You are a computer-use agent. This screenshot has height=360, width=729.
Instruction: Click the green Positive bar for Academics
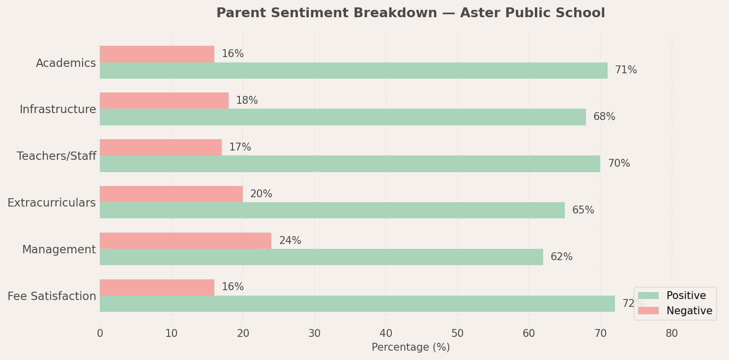tap(353, 70)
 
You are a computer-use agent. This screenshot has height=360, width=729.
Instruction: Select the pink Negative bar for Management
tap(185, 240)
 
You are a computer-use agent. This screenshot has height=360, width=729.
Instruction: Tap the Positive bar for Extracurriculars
tap(332, 210)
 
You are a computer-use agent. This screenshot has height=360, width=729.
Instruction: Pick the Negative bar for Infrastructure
tap(164, 100)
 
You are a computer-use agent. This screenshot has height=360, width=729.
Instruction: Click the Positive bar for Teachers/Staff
tap(350, 164)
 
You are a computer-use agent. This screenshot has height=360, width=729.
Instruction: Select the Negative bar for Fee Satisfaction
tap(157, 287)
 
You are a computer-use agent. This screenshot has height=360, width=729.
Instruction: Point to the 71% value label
tap(625, 70)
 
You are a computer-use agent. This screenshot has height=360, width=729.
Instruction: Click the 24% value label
tap(290, 241)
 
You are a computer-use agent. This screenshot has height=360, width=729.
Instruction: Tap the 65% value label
tap(583, 210)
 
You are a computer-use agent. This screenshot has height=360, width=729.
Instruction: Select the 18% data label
tap(246, 101)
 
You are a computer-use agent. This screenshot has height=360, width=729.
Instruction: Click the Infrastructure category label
tap(58, 110)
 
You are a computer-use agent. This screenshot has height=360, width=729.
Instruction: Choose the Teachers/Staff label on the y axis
tap(56, 156)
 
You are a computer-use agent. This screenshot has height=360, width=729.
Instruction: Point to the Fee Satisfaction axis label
tap(52, 297)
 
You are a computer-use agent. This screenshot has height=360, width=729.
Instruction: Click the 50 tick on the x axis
tap(457, 334)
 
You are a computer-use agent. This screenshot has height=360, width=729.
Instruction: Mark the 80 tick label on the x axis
tap(671, 334)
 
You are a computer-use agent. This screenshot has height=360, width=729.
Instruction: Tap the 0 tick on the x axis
tap(100, 334)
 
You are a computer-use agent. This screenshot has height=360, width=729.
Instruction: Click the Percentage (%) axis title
tap(410, 348)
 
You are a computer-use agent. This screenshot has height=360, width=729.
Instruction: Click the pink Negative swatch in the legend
tap(648, 311)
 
